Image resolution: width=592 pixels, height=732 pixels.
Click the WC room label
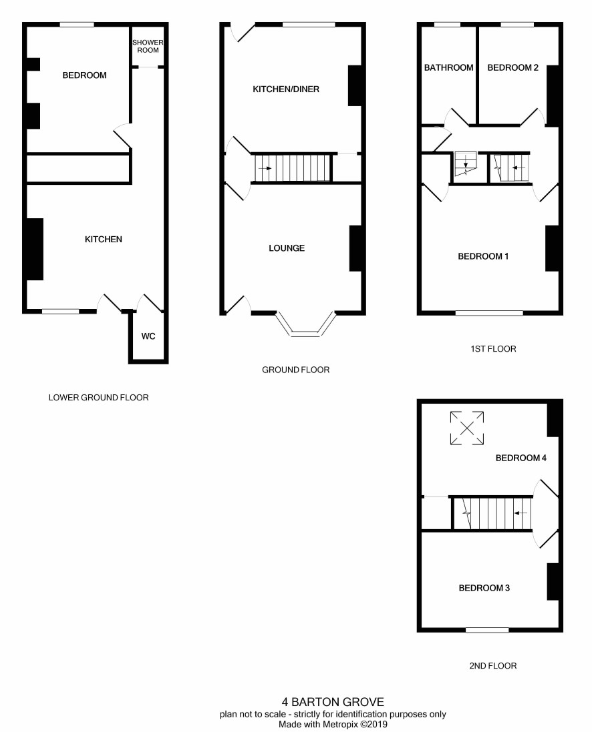(x=148, y=336)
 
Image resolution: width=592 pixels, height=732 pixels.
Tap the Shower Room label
(x=148, y=46)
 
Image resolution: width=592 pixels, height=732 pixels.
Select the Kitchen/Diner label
(x=286, y=89)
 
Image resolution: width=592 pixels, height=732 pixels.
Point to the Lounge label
(x=287, y=248)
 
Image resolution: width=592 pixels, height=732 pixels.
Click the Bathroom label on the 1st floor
(x=448, y=67)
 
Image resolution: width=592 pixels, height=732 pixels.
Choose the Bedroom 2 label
(x=513, y=67)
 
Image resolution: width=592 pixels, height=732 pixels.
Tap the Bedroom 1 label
(x=483, y=256)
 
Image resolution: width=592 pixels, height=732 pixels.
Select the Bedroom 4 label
(x=521, y=458)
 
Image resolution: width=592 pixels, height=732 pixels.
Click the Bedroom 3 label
(x=484, y=589)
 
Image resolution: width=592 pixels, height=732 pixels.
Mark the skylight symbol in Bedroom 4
(x=466, y=428)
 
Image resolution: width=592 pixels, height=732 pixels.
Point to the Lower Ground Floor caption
(x=99, y=398)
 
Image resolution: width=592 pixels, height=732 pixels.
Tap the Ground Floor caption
(x=295, y=370)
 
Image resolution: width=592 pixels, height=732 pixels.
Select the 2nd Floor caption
(x=493, y=666)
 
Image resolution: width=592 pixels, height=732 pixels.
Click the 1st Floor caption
(x=493, y=349)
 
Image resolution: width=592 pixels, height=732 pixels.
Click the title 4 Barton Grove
(x=333, y=702)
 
